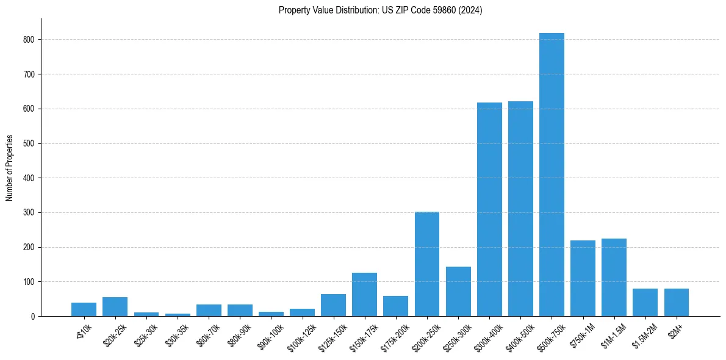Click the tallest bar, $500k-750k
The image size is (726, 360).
552,175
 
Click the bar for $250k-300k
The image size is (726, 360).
458,291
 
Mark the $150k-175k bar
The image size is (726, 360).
364,294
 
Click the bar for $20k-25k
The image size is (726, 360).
115,306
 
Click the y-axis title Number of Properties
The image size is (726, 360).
10,167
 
